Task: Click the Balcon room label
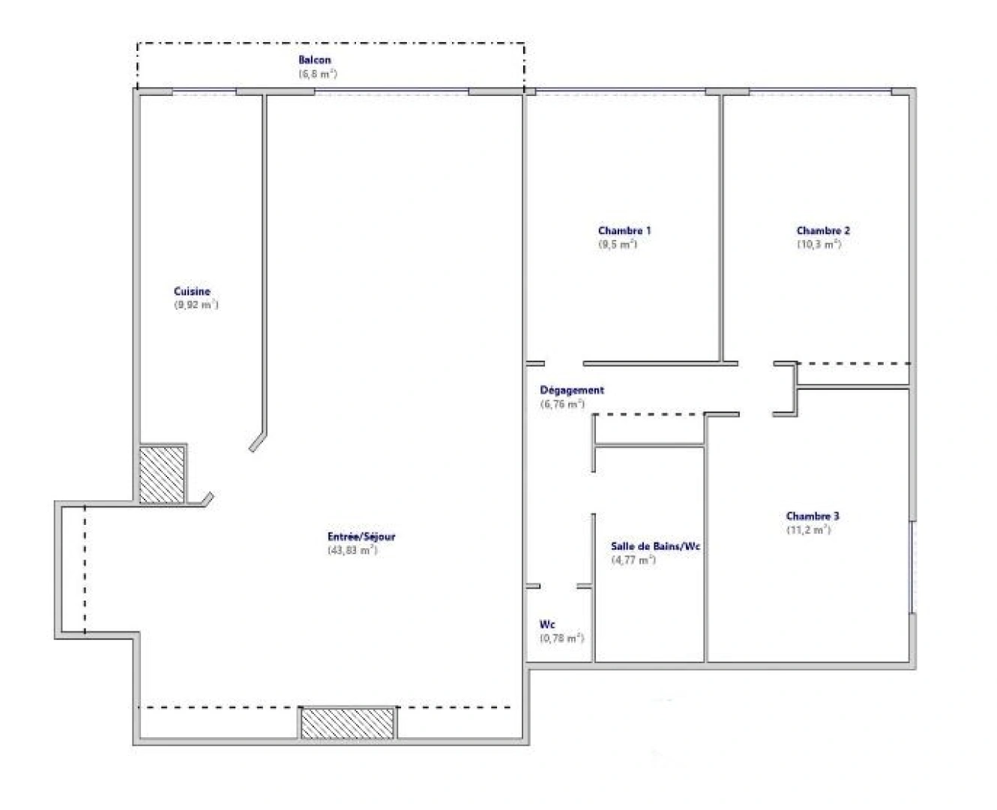314,60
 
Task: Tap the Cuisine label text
192,291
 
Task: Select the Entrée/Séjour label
361,536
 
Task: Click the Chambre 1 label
624,230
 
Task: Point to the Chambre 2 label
823,230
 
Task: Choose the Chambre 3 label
813,516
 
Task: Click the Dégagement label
572,390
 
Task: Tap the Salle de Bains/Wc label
655,547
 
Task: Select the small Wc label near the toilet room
547,625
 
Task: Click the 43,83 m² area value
352,550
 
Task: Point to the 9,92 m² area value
196,305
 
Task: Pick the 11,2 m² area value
808,529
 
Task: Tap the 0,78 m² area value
561,638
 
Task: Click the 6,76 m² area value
562,404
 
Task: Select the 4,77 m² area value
633,560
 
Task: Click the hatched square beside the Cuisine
162,474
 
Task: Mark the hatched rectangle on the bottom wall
348,723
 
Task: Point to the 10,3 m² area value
819,244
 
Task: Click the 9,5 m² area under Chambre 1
618,244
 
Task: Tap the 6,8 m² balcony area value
318,74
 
